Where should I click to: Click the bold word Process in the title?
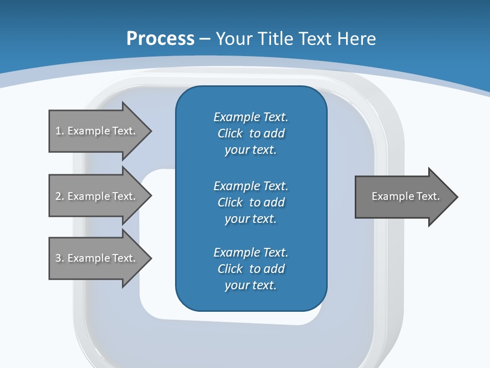coord(160,38)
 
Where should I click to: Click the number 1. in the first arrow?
coord(59,131)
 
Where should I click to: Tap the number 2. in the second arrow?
coord(59,196)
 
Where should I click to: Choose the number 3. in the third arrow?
coord(59,258)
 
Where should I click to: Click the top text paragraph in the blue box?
coord(251,133)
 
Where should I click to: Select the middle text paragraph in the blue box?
coord(251,202)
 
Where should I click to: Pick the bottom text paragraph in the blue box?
coord(251,269)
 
